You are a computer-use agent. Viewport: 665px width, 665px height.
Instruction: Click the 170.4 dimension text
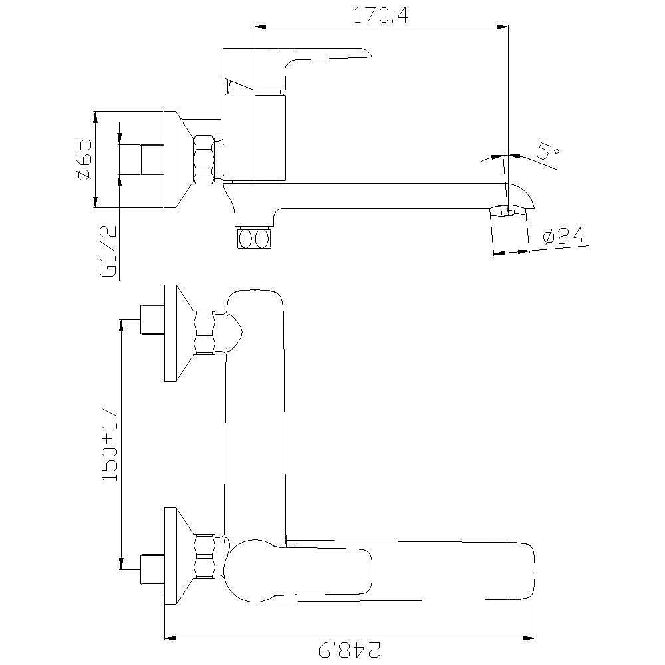click(380, 16)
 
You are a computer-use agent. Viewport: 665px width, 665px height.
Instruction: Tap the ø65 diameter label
click(84, 160)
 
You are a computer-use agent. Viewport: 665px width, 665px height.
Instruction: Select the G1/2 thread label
click(108, 251)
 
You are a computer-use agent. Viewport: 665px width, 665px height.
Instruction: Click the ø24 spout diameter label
click(563, 236)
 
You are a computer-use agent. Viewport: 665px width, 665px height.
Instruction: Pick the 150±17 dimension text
click(109, 444)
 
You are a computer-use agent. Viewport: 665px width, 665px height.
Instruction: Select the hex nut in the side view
click(204, 159)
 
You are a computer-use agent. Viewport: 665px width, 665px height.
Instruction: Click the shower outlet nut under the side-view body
click(254, 238)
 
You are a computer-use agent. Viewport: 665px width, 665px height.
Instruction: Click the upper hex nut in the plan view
click(204, 333)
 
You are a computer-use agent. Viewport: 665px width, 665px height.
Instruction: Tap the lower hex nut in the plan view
click(204, 556)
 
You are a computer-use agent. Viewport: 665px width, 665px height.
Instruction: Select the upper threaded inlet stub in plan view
click(152, 320)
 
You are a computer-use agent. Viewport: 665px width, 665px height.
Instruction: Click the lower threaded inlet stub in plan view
click(152, 569)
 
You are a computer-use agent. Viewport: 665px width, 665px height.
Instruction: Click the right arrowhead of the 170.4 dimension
click(502, 27)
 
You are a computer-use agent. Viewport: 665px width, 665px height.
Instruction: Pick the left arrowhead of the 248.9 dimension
click(170, 638)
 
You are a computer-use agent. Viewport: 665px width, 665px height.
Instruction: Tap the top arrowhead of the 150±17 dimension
click(121, 326)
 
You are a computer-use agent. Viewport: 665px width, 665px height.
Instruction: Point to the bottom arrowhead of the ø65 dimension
click(95, 202)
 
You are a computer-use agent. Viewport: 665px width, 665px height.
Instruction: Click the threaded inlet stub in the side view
click(152, 160)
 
